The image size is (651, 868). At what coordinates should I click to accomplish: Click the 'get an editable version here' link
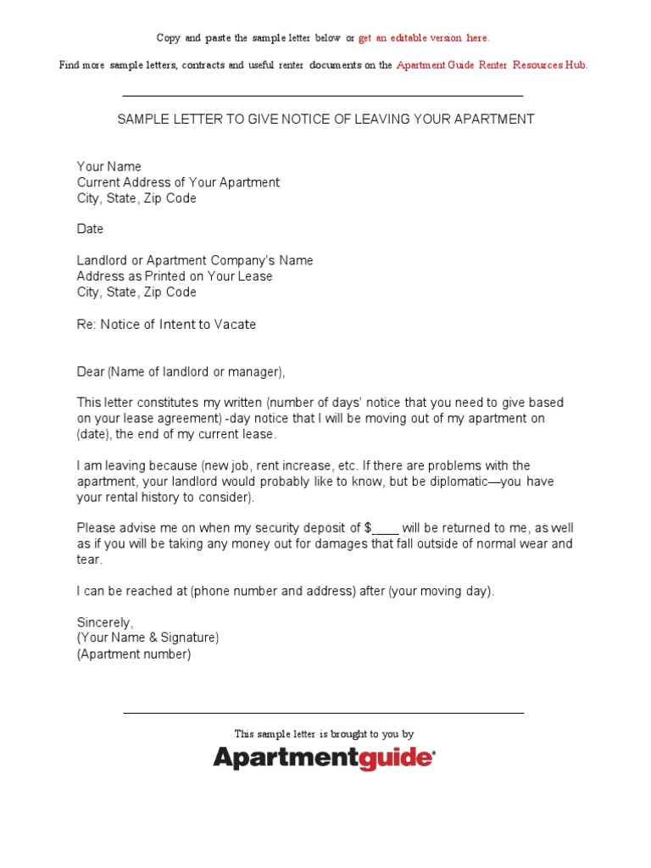point(424,38)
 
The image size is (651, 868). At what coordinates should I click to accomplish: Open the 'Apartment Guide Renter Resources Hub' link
point(492,65)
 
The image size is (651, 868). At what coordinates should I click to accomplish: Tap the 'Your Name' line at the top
point(109,167)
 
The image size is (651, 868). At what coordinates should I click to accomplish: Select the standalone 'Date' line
point(90,229)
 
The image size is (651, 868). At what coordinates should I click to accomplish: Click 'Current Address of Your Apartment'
point(178,182)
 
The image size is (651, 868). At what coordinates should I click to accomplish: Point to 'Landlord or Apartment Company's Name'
point(195,260)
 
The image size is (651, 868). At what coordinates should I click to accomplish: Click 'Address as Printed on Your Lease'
point(175,276)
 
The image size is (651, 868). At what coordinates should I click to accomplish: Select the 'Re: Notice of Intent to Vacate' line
point(166,324)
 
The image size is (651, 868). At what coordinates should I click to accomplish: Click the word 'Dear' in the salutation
point(91,371)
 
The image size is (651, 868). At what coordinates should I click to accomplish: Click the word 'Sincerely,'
point(105,622)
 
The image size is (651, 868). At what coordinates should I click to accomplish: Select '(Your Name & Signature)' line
point(147,637)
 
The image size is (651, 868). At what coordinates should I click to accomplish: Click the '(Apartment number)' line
point(134,654)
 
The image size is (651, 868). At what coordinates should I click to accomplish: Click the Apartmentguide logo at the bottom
point(325,757)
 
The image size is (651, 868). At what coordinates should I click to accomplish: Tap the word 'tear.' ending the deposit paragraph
point(90,559)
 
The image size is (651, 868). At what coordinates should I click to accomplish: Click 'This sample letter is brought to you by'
point(324,734)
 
